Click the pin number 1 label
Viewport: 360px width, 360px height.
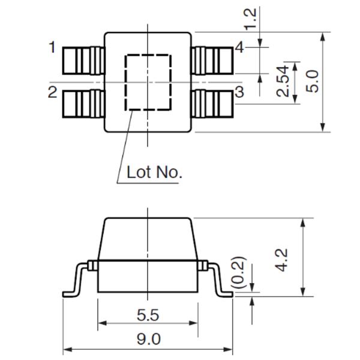(x=53, y=47)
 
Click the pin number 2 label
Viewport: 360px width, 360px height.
(x=53, y=92)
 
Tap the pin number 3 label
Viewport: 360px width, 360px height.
(x=239, y=92)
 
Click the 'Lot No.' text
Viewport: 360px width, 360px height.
(x=154, y=173)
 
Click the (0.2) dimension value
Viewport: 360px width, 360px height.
(x=239, y=272)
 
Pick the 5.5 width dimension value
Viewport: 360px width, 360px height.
(x=148, y=314)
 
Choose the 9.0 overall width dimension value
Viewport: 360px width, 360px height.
(x=148, y=339)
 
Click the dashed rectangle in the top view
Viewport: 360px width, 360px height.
(x=148, y=82)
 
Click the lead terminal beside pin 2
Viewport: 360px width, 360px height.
(x=83, y=103)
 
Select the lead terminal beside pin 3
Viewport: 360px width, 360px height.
(x=212, y=103)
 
